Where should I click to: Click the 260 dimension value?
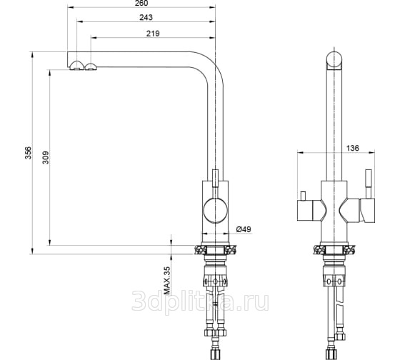pos(141,3)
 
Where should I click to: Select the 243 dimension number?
pos(146,17)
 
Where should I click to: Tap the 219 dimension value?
pos(153,34)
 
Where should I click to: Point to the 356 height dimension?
pos(29,153)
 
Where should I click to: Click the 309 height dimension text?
pos(46,157)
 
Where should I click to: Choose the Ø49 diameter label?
pos(244,229)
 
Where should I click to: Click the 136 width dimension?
pos(353,148)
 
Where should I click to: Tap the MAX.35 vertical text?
pos(167,281)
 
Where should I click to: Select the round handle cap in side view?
pos(215,211)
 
